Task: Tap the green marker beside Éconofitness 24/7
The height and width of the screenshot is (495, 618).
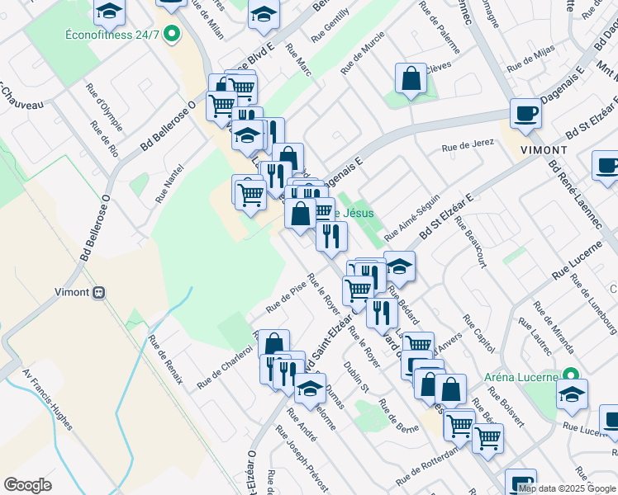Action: click(172, 34)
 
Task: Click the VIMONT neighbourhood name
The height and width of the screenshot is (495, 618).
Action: click(544, 150)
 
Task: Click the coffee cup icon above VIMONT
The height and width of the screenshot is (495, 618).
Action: click(525, 114)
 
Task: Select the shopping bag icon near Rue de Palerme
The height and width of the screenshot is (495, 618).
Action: click(411, 79)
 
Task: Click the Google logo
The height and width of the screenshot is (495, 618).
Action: click(27, 485)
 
